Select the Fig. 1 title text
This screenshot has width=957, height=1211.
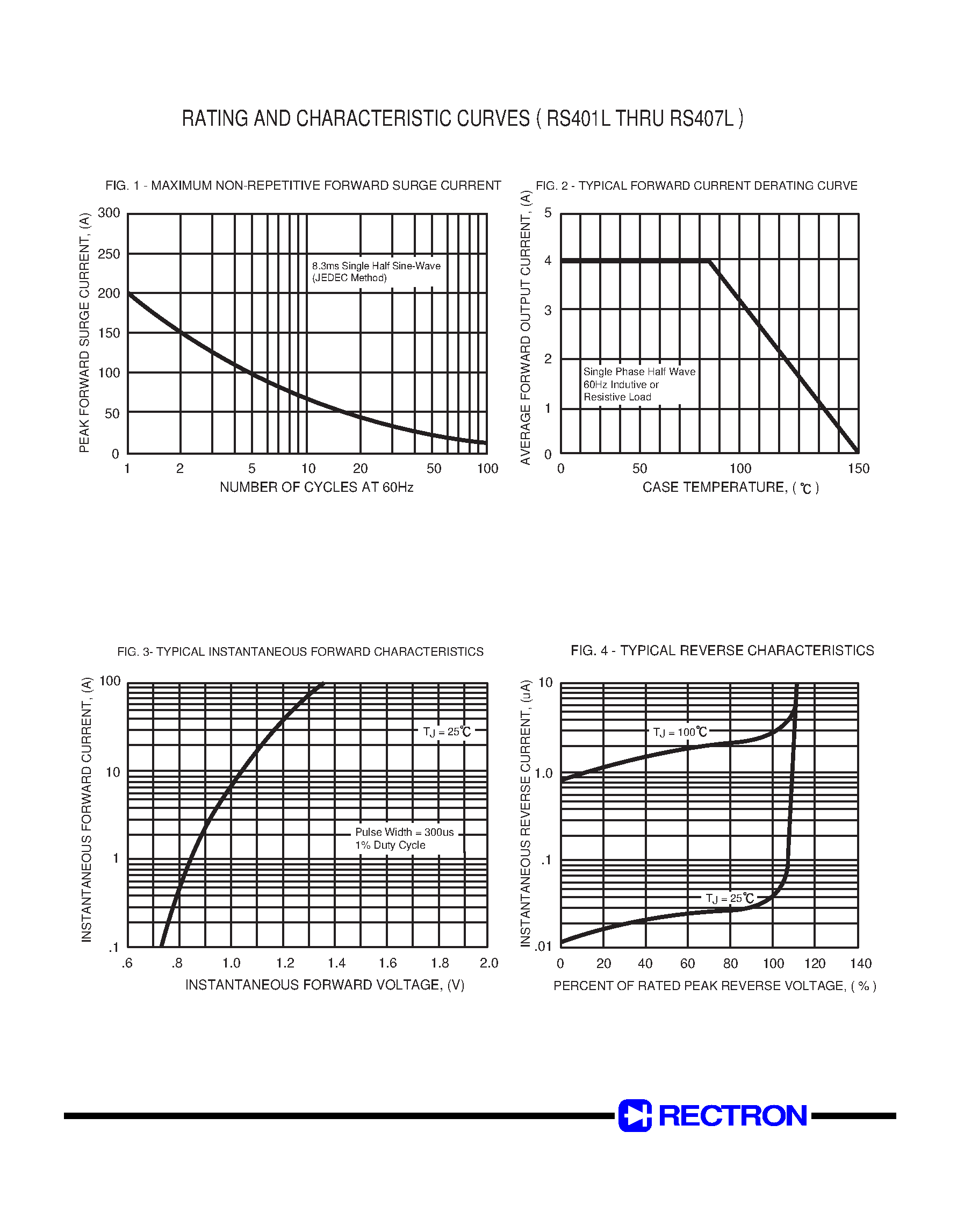point(303,185)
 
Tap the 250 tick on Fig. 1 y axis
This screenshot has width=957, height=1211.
point(109,254)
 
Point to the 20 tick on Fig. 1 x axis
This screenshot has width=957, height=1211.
point(359,469)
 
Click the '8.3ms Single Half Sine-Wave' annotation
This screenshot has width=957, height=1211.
point(376,266)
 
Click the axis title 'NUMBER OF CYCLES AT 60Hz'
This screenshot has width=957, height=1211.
point(316,487)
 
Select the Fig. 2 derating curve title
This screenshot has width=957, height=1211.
point(696,185)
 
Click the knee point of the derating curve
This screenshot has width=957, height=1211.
point(710,261)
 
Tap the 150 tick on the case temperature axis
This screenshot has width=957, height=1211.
point(858,469)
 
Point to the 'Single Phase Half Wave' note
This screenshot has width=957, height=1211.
point(639,371)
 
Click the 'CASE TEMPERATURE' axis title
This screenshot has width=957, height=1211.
point(730,488)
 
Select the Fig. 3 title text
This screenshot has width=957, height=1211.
point(300,652)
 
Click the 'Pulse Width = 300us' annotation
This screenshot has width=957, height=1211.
point(404,832)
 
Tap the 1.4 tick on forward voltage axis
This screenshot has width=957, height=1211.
point(336,963)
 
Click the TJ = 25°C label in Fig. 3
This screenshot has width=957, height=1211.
point(447,732)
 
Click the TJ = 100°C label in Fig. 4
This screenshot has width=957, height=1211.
point(680,732)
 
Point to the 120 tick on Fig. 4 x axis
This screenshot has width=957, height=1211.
point(815,963)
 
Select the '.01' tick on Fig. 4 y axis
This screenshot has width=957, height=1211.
point(543,947)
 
